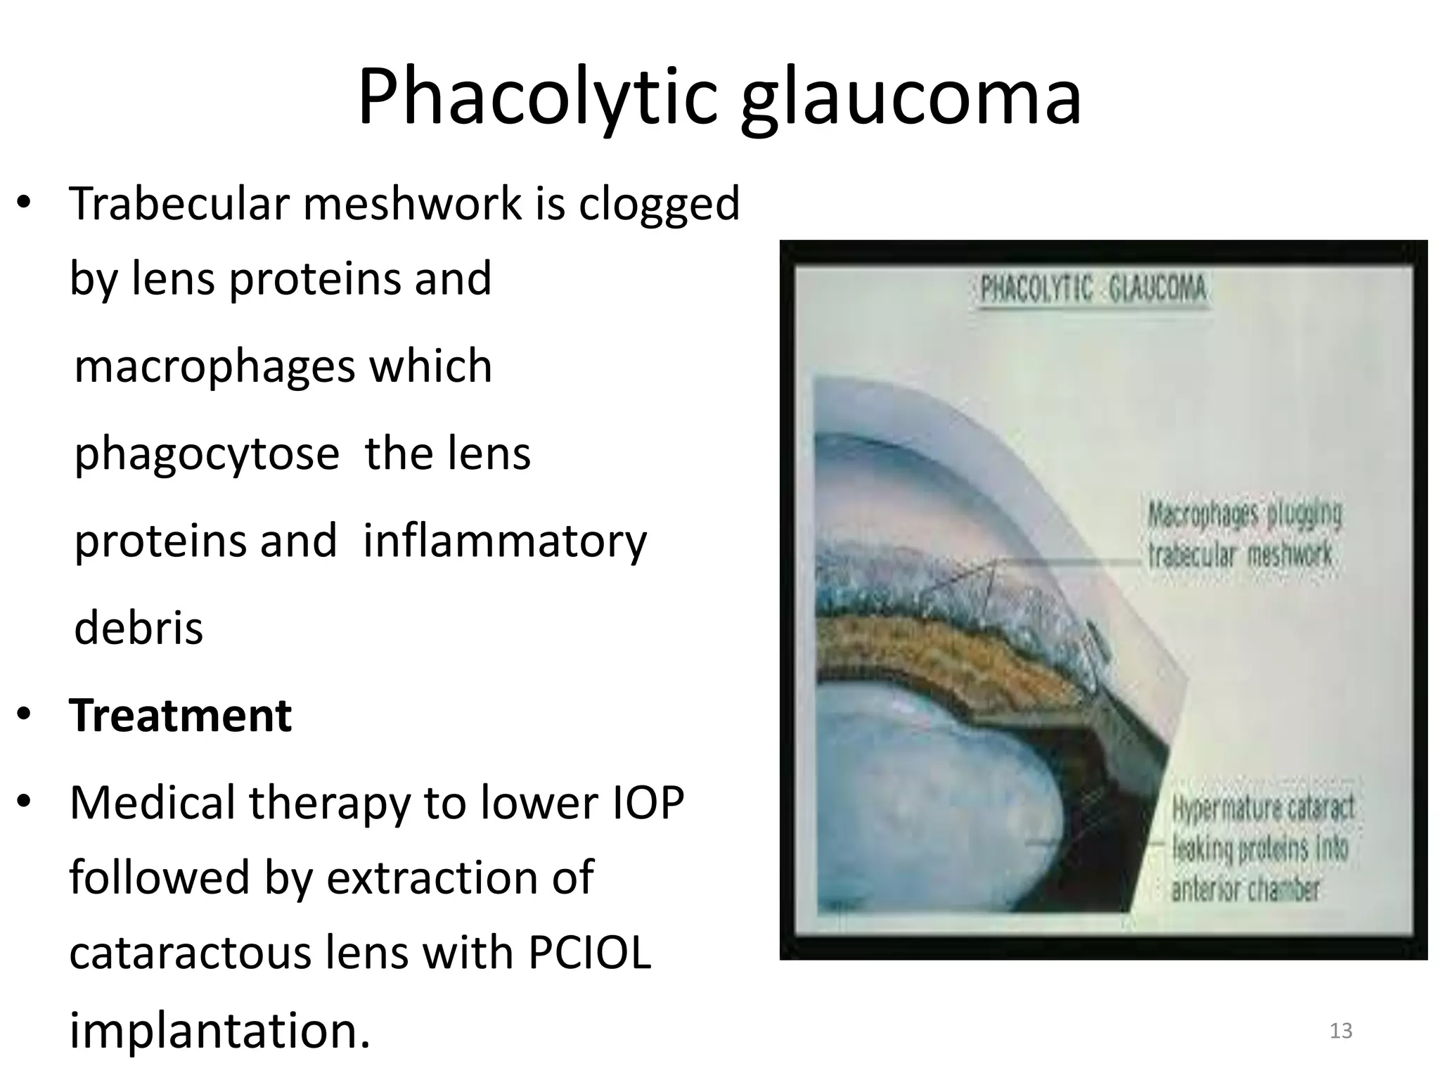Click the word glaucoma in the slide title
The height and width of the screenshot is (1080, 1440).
click(x=911, y=98)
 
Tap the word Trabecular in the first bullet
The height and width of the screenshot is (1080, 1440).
click(x=179, y=204)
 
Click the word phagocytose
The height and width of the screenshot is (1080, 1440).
click(x=207, y=455)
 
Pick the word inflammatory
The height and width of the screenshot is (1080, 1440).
click(x=504, y=542)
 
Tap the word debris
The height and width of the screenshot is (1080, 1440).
click(x=139, y=628)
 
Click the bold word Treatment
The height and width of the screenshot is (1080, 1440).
click(x=180, y=716)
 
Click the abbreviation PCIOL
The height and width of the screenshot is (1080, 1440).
click(x=589, y=953)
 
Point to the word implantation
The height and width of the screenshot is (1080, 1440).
click(x=219, y=1031)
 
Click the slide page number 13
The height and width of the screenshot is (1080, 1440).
click(x=1341, y=1031)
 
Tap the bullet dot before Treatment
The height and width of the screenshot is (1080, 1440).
click(x=25, y=714)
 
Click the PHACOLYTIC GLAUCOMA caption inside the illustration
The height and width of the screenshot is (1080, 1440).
click(x=1093, y=289)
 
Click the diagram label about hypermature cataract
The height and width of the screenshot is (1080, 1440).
click(x=1261, y=848)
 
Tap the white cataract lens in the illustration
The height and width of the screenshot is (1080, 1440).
click(x=935, y=809)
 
